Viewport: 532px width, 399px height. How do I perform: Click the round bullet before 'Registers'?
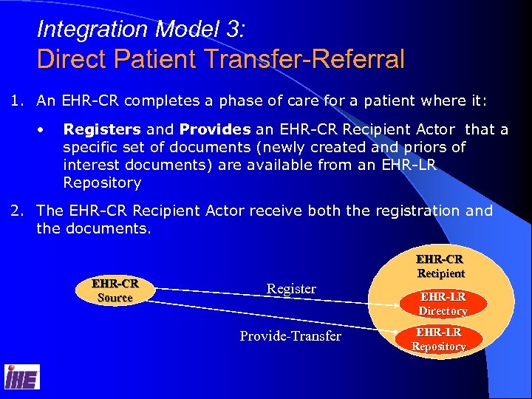click(47, 130)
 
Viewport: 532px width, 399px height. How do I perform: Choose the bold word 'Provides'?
click(214, 130)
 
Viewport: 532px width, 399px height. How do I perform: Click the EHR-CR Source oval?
click(115, 290)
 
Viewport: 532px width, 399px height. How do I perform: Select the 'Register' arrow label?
click(291, 289)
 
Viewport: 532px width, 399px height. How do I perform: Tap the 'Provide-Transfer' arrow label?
click(290, 336)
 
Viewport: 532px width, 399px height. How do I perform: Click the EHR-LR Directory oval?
click(443, 304)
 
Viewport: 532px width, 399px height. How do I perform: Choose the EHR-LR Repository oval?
click(439, 339)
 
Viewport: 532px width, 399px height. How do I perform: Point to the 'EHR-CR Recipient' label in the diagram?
click(440, 267)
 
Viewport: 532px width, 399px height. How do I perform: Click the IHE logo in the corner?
click(22, 378)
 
